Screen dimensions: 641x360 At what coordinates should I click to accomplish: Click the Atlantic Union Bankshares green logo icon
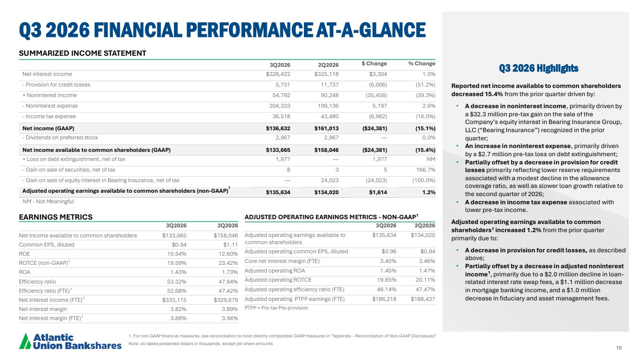[25, 341]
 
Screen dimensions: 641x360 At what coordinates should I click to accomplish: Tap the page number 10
[619, 348]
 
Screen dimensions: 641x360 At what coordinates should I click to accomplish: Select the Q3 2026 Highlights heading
[539, 68]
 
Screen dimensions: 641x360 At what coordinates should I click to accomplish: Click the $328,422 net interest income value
[278, 74]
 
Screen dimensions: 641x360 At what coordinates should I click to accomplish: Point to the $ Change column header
[374, 63]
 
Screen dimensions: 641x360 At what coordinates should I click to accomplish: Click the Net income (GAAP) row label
[49, 128]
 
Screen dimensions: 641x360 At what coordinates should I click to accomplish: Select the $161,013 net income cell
[326, 128]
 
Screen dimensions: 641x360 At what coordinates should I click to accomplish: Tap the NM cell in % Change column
[431, 159]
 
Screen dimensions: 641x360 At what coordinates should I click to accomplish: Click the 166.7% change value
[426, 170]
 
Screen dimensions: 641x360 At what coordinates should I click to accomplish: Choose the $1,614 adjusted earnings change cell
[378, 192]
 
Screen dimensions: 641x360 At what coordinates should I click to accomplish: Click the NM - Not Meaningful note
[48, 201]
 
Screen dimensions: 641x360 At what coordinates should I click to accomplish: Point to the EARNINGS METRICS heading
[56, 217]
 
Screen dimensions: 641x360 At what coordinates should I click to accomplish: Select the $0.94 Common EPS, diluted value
[179, 245]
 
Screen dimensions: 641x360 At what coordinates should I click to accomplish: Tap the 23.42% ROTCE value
[228, 263]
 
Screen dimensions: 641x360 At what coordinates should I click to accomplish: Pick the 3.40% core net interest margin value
[388, 261]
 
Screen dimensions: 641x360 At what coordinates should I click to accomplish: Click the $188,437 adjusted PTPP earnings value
[423, 299]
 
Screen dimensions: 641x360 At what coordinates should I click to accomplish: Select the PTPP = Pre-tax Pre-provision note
[277, 308]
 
